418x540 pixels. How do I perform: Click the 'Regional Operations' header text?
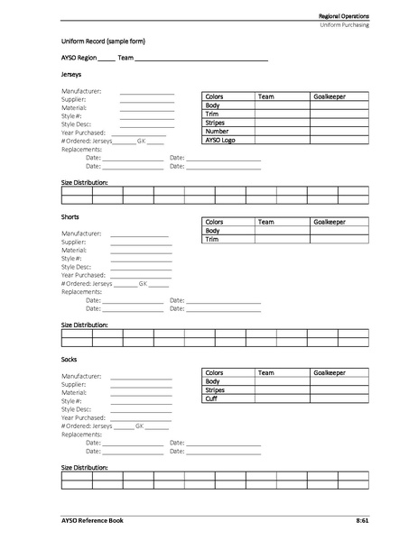[343, 17]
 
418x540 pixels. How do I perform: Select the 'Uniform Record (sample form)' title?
[103, 41]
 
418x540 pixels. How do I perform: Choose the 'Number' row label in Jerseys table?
[217, 131]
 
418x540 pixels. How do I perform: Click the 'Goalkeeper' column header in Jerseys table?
[329, 96]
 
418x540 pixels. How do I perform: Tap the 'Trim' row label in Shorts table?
[213, 239]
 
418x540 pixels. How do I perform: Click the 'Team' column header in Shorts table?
[265, 222]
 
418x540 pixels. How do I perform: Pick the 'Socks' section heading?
[70, 359]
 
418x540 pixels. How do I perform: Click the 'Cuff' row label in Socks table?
[212, 398]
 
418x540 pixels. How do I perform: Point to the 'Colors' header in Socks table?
[215, 372]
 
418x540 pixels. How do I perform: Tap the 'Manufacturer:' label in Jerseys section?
[81, 91]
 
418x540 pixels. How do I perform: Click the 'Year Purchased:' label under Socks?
[84, 417]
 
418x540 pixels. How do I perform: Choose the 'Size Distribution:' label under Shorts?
[85, 325]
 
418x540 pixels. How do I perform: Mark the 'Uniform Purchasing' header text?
[344, 26]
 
